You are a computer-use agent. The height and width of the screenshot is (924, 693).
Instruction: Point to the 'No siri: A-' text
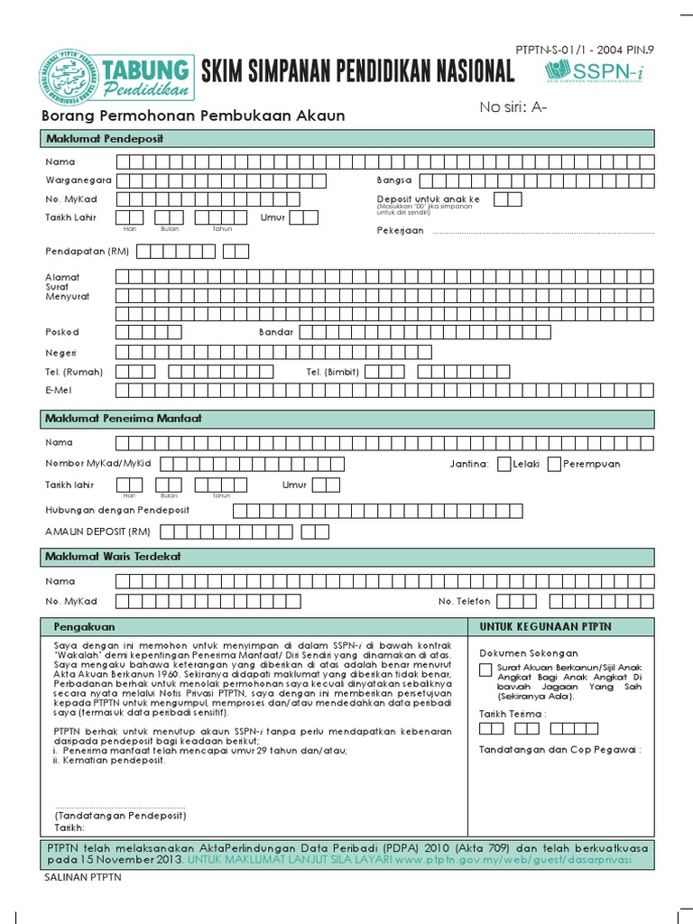(x=514, y=108)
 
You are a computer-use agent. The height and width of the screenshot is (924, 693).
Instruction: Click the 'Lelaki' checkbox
(x=504, y=464)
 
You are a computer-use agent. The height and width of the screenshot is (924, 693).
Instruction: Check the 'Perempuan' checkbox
(x=553, y=464)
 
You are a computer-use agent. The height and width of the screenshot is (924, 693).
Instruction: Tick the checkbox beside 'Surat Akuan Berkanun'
(x=486, y=669)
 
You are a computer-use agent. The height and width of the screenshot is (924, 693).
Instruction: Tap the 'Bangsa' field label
(x=394, y=180)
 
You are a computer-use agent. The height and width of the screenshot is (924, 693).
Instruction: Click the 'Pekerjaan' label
(x=400, y=231)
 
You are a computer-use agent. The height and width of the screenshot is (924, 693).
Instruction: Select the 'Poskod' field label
(x=62, y=332)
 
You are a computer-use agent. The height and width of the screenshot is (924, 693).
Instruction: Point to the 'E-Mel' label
(x=60, y=390)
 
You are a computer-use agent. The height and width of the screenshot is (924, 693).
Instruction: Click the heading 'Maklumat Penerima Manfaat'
(x=124, y=420)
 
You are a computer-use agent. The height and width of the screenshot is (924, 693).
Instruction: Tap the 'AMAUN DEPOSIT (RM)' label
(x=97, y=531)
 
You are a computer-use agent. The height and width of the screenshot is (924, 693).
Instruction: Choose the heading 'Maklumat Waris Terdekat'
(x=113, y=557)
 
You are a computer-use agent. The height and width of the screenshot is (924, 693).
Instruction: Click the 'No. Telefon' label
(x=464, y=601)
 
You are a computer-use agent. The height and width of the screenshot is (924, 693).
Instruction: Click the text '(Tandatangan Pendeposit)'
(x=120, y=815)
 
